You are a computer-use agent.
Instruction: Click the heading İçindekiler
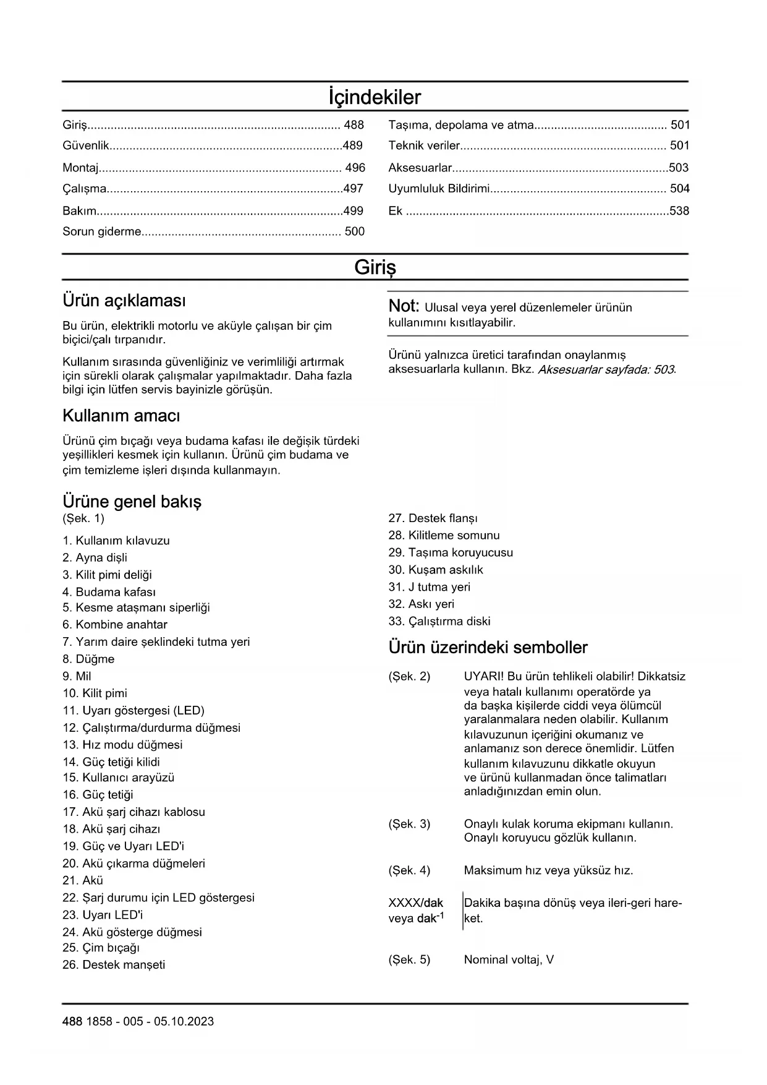pos(375,97)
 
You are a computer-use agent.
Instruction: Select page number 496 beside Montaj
pos(355,168)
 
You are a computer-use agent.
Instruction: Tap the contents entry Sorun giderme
pos(102,232)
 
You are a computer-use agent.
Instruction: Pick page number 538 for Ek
pos(679,211)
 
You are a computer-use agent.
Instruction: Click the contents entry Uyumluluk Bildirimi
pos(439,189)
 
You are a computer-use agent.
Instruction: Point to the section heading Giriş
pos(375,267)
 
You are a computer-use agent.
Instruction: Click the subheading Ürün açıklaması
pos(124,301)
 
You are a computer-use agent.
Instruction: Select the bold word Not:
pos(404,306)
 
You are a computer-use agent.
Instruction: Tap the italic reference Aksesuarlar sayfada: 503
pos(606,370)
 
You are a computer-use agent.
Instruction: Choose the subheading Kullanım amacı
pos(121,416)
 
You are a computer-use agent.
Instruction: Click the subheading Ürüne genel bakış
pos(132,501)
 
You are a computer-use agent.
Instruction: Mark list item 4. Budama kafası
pos(109,592)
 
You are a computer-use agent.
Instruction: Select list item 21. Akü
pos(83,880)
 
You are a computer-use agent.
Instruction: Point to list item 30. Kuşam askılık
pos(436,570)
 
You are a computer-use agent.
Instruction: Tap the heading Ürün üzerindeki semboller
pos(488,648)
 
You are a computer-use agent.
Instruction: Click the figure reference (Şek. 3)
pos(409,824)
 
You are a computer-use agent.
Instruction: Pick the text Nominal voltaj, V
pos(509,960)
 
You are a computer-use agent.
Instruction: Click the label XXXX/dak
pos(415,903)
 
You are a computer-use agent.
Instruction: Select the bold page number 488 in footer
pos(72,1021)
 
